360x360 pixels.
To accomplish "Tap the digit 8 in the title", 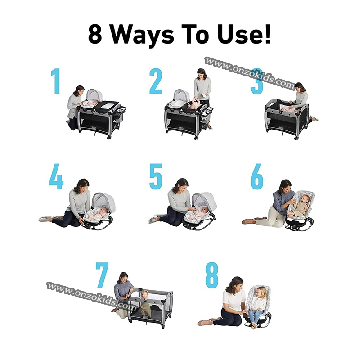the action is [95, 34].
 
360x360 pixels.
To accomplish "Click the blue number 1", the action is [56, 81].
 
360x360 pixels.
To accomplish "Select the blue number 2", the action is [156, 81].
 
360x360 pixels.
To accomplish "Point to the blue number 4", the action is [57, 176].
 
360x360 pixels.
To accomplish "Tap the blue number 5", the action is [156, 176].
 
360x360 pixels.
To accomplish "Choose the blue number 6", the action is [257, 176].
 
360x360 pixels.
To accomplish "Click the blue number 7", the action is [102, 275].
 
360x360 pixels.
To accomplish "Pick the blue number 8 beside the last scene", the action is [211, 275].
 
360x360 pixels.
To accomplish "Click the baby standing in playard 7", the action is [144, 302].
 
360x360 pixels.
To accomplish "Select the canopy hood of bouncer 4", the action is [103, 200].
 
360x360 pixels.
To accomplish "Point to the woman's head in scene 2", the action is [202, 74].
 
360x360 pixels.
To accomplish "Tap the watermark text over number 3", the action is [249, 73].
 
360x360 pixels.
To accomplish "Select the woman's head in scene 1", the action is [79, 91].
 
